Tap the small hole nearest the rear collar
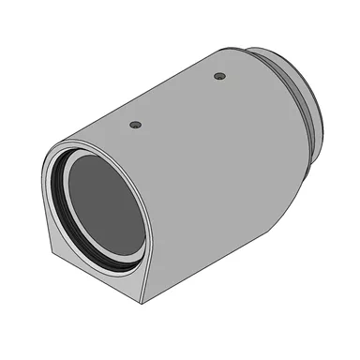pyautogui.click(x=219, y=75)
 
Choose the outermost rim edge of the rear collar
pyautogui.click(x=320, y=117)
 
